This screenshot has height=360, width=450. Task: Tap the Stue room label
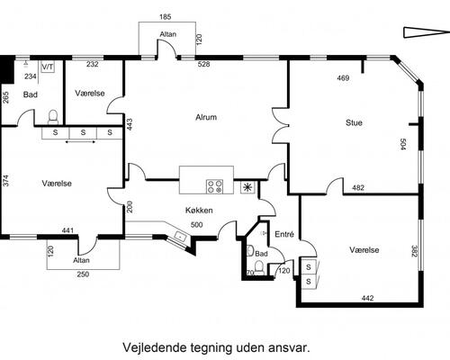tap(354, 122)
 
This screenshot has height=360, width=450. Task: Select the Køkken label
tap(198, 210)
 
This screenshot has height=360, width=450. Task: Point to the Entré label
tap(283, 234)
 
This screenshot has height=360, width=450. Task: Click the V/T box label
tap(48, 67)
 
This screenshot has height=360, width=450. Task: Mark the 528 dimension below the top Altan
tap(203, 65)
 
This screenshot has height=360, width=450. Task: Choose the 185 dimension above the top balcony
tap(165, 17)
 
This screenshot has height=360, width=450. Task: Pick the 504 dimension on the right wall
tap(404, 145)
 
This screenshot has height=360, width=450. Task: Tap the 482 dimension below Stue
tap(357, 187)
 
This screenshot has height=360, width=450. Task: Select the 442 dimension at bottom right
tap(366, 298)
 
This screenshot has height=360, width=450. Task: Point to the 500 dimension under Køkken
tap(196, 225)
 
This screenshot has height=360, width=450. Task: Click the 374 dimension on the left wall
tap(6, 181)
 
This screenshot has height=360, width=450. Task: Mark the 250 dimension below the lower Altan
tap(83, 274)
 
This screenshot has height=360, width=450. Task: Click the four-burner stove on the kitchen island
tap(215, 186)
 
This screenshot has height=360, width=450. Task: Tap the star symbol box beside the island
tap(248, 187)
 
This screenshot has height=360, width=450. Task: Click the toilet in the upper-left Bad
tap(52, 115)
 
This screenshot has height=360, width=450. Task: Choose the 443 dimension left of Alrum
tap(130, 123)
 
